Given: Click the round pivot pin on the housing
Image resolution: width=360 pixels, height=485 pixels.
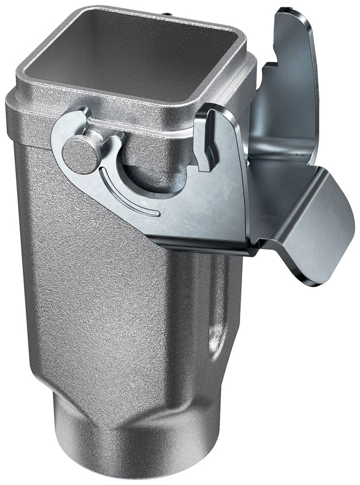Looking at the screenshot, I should click(x=82, y=154).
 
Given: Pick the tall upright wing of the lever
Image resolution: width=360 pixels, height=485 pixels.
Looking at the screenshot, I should click(x=291, y=73).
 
